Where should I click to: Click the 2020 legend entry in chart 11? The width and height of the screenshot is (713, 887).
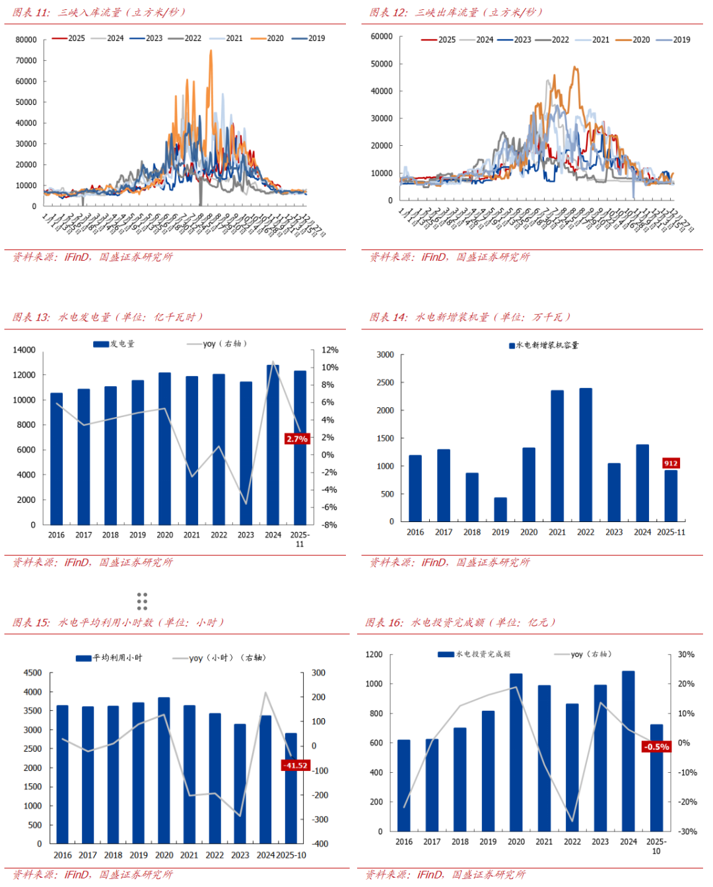click(267, 38)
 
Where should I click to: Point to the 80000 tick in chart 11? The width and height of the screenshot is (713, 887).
click(26, 40)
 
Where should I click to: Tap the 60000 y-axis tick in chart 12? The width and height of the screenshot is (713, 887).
click(382, 36)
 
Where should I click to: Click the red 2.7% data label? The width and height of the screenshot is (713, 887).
click(297, 439)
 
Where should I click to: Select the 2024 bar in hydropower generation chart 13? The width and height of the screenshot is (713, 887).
click(273, 445)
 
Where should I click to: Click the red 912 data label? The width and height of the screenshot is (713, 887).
click(671, 463)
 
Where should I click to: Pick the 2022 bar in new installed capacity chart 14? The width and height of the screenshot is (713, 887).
click(586, 455)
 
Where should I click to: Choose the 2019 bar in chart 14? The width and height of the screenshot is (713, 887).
click(500, 509)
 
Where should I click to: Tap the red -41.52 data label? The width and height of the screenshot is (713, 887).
click(295, 766)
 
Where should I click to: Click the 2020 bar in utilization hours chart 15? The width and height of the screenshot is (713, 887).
click(164, 770)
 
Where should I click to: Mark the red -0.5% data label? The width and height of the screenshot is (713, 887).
click(656, 747)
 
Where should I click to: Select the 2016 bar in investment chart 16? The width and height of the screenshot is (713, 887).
click(403, 785)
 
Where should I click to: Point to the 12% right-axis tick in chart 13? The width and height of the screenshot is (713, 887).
click(329, 350)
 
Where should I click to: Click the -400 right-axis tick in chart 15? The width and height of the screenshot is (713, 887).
click(320, 843)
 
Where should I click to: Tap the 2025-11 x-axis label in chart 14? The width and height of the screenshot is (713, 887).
click(671, 532)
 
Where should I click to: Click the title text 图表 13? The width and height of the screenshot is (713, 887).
click(31, 317)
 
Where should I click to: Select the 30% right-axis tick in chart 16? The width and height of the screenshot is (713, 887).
click(686, 655)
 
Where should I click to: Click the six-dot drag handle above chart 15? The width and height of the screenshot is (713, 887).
click(142, 601)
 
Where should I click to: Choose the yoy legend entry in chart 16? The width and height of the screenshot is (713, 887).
click(584, 655)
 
